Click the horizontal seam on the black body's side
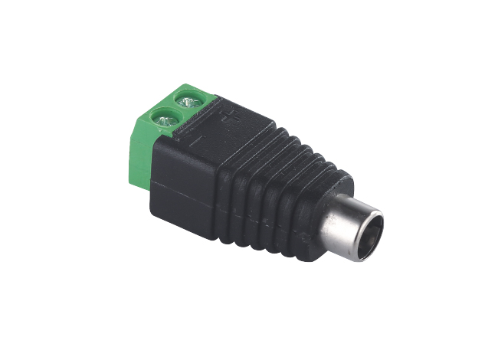(x=184, y=188)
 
